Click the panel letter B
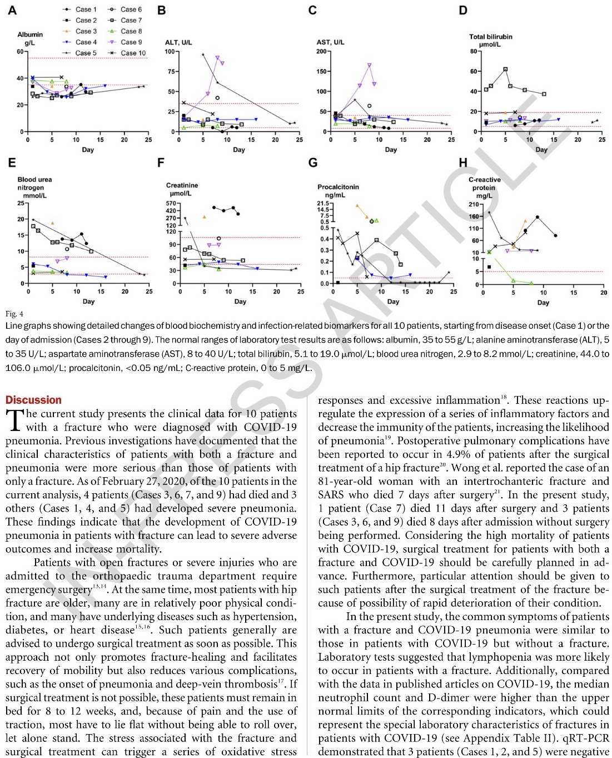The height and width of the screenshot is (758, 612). coord(162,11)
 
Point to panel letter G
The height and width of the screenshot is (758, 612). coord(313,163)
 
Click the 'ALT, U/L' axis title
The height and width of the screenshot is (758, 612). coord(178,42)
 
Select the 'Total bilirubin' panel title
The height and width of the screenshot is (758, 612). coord(491,37)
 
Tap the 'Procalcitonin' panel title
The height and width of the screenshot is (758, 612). coord(338,187)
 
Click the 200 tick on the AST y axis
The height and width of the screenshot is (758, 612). coord(321,52)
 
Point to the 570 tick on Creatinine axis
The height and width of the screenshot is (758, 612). coord(171,204)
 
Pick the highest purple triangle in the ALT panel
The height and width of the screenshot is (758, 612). coord(217,57)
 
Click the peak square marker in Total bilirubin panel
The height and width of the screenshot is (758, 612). coord(505,70)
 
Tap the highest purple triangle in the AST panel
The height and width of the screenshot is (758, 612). coord(369,65)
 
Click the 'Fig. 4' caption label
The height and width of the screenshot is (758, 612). coord(14,314)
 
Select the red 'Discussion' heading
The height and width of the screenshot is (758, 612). coord(33,400)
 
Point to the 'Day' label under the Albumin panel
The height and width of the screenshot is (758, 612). coord(88,150)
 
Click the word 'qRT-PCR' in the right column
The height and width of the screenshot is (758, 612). coord(589,738)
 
